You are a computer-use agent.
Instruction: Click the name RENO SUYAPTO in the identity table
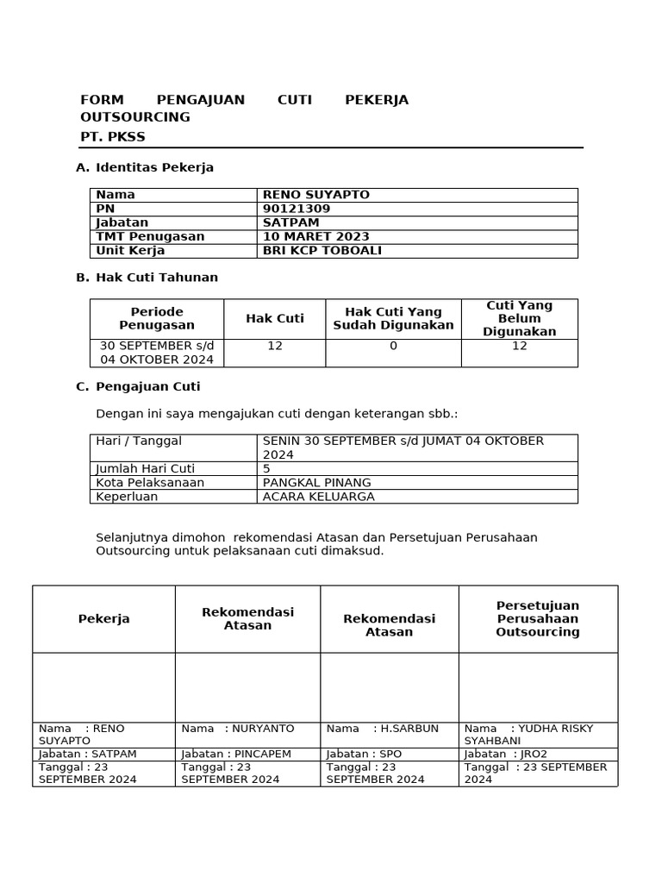pos(315,195)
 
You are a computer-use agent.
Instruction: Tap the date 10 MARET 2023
pos(315,236)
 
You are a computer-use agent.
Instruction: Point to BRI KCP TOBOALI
pos(322,251)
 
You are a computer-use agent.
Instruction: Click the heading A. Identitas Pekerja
pos(145,167)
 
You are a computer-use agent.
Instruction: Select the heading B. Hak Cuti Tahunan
pos(147,278)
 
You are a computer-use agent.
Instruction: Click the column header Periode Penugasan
pos(157,318)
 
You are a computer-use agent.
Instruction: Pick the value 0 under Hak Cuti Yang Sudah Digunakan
pos(393,346)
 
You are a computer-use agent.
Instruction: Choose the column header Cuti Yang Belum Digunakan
pos(519,318)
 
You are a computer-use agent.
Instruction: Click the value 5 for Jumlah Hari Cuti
pos(266,468)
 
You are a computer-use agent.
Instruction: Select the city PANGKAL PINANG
pos(316,482)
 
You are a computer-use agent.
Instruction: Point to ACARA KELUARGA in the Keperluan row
pos(318,497)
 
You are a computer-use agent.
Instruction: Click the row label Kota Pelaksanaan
pos(150,482)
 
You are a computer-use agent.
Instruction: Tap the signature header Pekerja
pos(103,619)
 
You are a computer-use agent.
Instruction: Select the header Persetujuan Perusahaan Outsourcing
pos(538,618)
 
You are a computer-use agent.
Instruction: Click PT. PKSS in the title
pos(113,137)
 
